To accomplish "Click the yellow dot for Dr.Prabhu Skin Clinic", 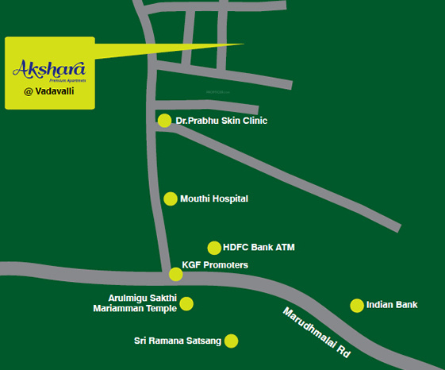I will point(164,121).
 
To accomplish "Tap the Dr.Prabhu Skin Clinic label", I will point(221,121).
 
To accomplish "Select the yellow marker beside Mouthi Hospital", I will point(171,198).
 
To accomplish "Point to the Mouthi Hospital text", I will point(214,198).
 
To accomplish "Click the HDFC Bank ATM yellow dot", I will point(214,248).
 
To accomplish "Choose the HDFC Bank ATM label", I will point(259,248).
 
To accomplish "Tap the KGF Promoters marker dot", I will point(176,275).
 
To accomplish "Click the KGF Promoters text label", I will point(215,264).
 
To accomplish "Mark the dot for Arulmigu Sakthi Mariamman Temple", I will point(186,303).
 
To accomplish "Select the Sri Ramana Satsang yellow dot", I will point(231,341).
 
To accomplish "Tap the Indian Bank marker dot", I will point(357,306).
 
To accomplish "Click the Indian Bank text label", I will point(392,305).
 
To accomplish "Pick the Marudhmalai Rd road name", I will point(316,331).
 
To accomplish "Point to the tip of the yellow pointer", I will point(243,44).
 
